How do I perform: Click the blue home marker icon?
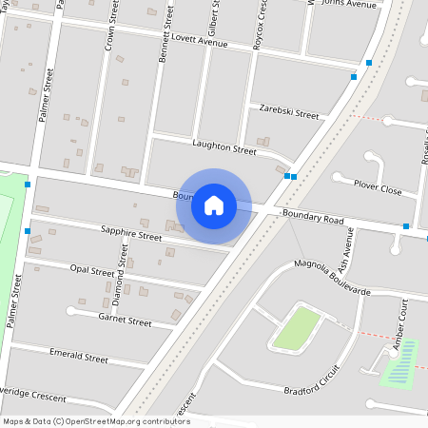[x=214, y=205]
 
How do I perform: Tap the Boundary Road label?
[x=313, y=219]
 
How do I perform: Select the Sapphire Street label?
[x=131, y=234]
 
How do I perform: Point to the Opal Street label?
[x=93, y=271]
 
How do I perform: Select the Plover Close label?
[x=378, y=188]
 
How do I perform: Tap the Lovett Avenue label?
[x=198, y=44]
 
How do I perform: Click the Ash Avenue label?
[x=346, y=250]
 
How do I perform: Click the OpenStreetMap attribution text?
[x=96, y=421]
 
